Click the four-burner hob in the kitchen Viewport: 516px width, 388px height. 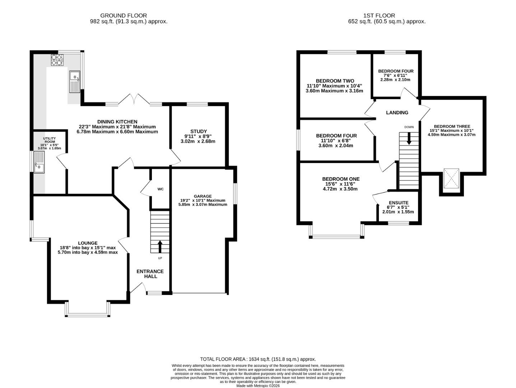57,60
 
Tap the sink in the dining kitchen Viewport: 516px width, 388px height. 75,82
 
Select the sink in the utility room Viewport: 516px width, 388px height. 39,162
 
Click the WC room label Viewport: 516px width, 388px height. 161,189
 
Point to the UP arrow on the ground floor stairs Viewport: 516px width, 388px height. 160,246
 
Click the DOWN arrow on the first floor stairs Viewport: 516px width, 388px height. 409,139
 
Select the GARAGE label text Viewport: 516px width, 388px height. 203,196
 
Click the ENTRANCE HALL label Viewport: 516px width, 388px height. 150,274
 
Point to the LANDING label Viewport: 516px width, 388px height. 397,113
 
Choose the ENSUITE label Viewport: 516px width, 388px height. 399,203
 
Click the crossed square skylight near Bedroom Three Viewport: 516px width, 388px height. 451,179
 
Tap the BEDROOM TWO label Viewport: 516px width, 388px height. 335,81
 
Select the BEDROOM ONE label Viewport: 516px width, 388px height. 341,179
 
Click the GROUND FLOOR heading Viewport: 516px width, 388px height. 124,15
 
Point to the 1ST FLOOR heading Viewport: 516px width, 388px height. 379,15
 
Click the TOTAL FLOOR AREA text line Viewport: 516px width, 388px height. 258,359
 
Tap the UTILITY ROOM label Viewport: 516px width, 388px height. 49,140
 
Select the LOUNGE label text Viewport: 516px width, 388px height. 88,243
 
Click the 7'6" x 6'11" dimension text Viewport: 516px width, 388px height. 396,75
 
